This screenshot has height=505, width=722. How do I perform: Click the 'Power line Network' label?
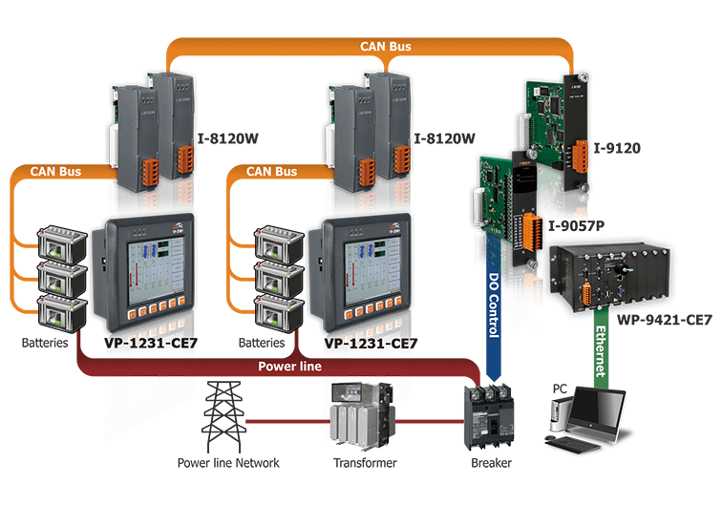coord(228,463)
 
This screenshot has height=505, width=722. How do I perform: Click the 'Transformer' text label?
coord(360,463)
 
